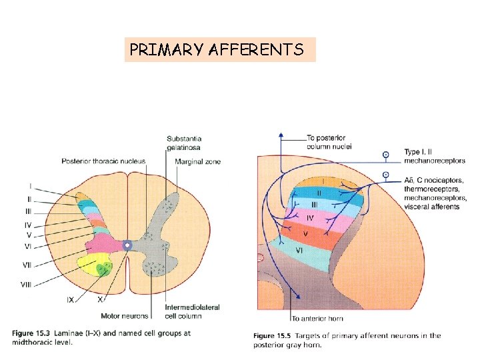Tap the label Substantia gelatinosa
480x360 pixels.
(x=185, y=143)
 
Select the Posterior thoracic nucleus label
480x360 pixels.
(x=103, y=161)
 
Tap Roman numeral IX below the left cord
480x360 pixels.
(x=70, y=300)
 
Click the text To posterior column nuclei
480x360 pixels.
(x=329, y=142)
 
